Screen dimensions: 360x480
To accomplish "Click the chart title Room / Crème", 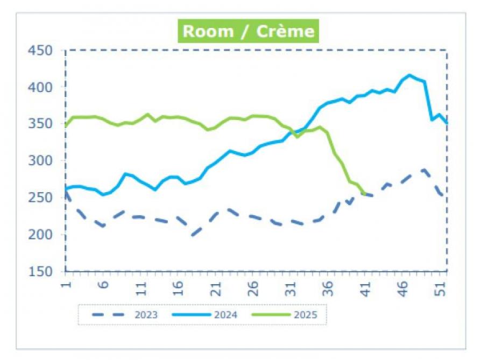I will pyautogui.click(x=248, y=31).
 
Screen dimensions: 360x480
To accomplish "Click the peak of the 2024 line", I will pyautogui.click(x=410, y=75).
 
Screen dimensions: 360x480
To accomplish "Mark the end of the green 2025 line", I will pyautogui.click(x=365, y=193).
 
